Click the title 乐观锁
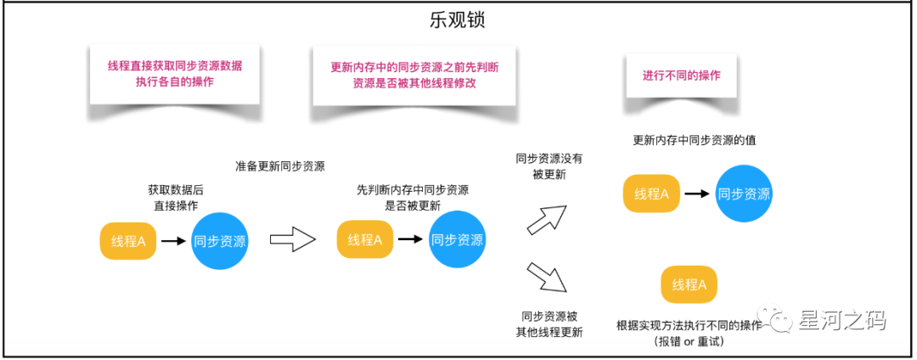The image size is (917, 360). (x=458, y=19)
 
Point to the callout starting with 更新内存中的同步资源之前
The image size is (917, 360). (x=415, y=76)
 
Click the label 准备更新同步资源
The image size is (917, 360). (x=280, y=166)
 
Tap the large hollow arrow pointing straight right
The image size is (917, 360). (x=292, y=240)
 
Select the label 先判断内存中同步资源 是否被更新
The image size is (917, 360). (x=413, y=198)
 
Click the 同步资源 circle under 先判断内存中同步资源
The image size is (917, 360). (x=457, y=240)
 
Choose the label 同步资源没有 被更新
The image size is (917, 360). (x=549, y=166)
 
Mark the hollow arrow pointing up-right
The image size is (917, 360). (x=547, y=220)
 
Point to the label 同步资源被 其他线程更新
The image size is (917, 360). (x=549, y=323)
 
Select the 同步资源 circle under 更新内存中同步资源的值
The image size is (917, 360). (x=744, y=194)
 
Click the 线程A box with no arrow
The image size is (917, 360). (x=689, y=284)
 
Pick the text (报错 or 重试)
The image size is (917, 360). (x=689, y=341)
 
